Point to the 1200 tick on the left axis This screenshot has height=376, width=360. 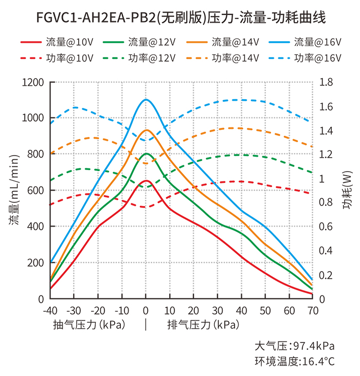(x=33, y=82)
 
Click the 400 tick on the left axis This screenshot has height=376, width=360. (x=35, y=227)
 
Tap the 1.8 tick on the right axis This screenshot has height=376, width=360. (x=326, y=82)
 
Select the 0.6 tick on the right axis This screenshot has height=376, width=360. (x=326, y=227)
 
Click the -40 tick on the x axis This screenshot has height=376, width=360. (x=49, y=311)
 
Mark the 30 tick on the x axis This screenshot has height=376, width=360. (x=218, y=311)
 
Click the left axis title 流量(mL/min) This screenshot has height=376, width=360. (x=14, y=191)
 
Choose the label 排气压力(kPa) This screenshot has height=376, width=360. (x=203, y=325)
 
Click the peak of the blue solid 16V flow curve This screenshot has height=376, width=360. (x=146, y=100)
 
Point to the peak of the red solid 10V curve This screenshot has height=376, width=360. (x=146, y=180)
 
